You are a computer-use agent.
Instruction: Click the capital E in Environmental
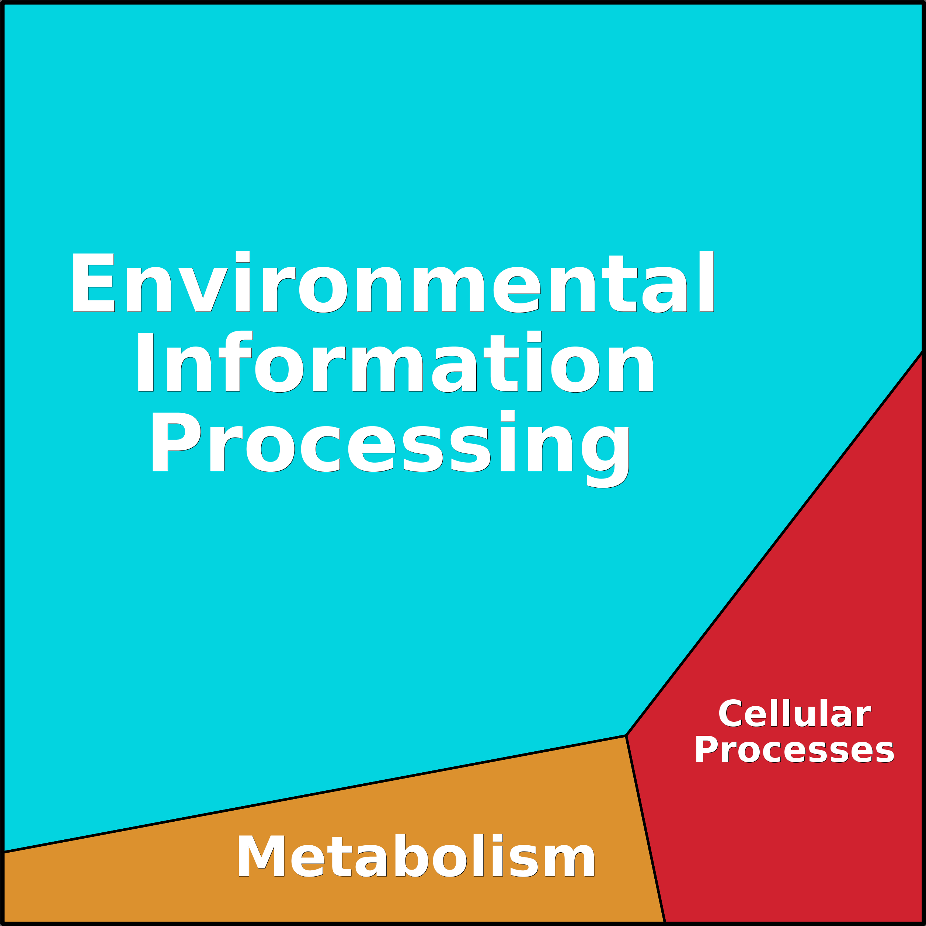tap(93, 283)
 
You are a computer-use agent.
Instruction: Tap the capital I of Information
tap(145, 363)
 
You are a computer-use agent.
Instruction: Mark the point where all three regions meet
tap(626, 736)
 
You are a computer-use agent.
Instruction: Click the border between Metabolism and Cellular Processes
tap(645, 829)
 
